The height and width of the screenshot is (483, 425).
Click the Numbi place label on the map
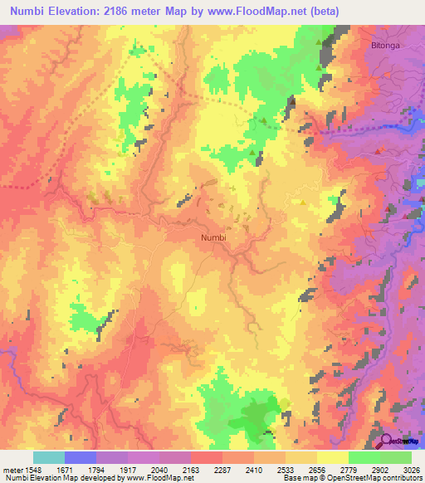[x=214, y=237]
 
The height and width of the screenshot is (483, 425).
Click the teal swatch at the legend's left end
[x=49, y=457]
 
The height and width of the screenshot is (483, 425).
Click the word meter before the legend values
[x=12, y=470]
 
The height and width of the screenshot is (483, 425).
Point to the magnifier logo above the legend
[x=388, y=442]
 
